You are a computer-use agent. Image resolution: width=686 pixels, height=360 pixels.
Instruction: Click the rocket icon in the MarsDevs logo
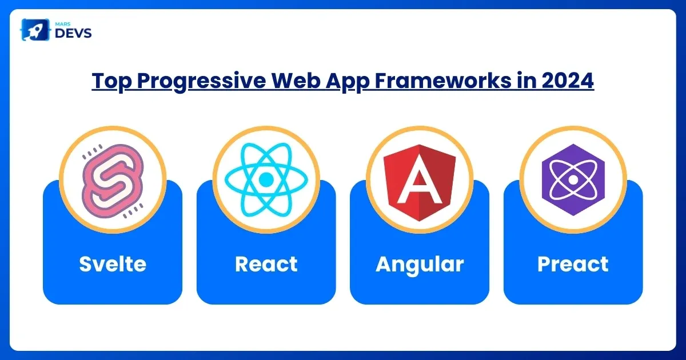tap(35, 30)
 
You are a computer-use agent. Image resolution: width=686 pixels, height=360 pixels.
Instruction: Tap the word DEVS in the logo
tap(73, 33)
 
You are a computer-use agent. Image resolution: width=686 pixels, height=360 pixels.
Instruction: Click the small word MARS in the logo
tap(62, 24)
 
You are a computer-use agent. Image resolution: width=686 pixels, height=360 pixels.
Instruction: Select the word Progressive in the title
tap(201, 81)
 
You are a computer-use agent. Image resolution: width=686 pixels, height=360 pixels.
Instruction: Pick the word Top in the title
tap(112, 81)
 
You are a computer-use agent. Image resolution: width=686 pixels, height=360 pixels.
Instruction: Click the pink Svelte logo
tap(113, 181)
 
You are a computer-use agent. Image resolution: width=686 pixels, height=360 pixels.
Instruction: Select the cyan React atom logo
tap(266, 179)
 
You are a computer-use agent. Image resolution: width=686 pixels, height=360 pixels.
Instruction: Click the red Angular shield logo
tap(420, 183)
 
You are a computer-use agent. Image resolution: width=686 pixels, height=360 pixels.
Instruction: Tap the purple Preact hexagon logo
tap(573, 179)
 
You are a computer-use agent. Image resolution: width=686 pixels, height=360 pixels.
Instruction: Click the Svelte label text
tap(113, 264)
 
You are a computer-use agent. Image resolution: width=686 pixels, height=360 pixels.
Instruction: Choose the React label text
tap(266, 264)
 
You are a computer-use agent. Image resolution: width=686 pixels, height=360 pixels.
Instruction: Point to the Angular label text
tap(420, 265)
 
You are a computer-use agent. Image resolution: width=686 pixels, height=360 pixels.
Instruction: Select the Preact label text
tap(573, 264)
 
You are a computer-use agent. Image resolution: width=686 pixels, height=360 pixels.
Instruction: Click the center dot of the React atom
tap(266, 179)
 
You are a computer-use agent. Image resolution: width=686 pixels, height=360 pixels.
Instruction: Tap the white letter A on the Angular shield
tap(420, 186)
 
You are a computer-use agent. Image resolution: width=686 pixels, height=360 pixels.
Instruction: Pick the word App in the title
tap(348, 81)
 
